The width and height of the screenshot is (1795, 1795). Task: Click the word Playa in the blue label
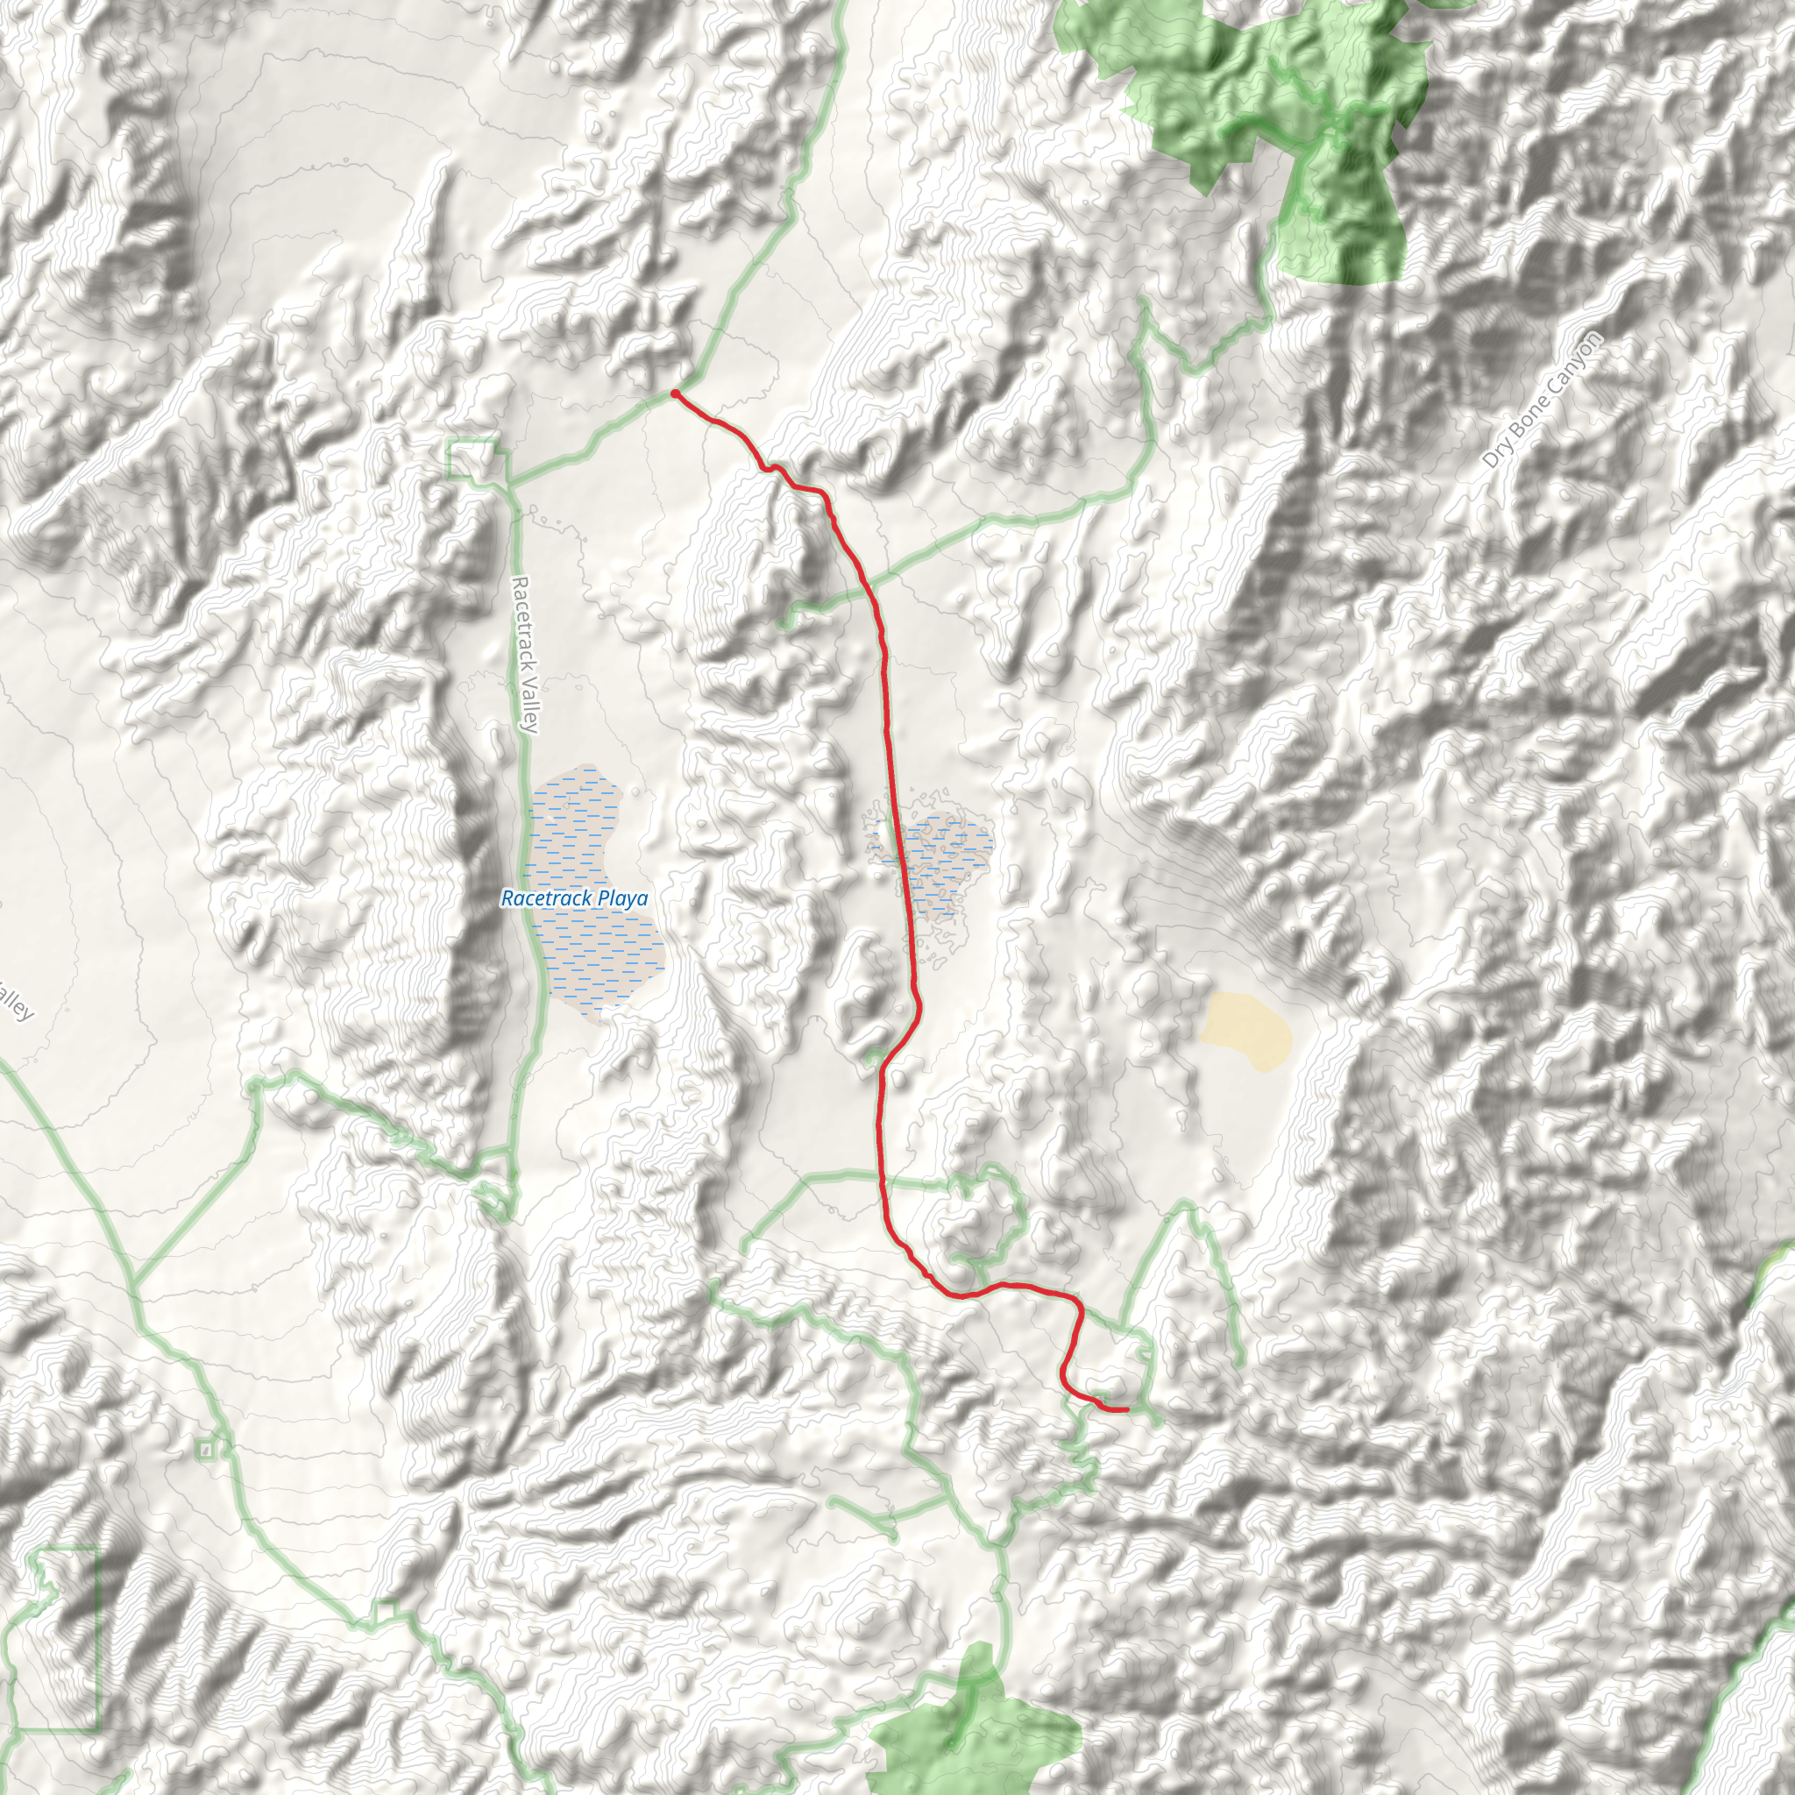tap(623, 898)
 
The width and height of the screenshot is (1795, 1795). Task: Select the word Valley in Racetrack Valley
tap(529, 706)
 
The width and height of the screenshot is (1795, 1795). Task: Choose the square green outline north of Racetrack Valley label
tap(472, 461)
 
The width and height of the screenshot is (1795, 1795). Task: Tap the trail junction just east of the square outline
tap(509, 484)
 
